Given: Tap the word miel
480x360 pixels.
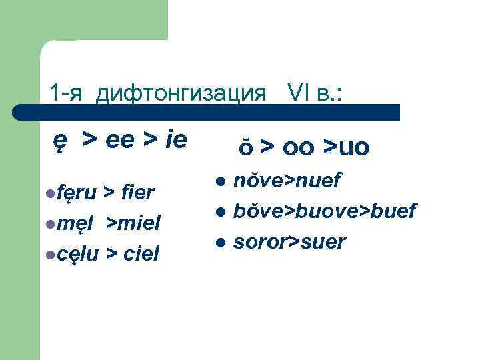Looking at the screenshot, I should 139,223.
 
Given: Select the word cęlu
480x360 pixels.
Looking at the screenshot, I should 76,253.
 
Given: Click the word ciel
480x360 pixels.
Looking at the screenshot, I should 139,253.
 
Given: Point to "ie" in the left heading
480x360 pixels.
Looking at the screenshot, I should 175,141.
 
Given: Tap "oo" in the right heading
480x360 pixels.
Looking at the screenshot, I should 299,147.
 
